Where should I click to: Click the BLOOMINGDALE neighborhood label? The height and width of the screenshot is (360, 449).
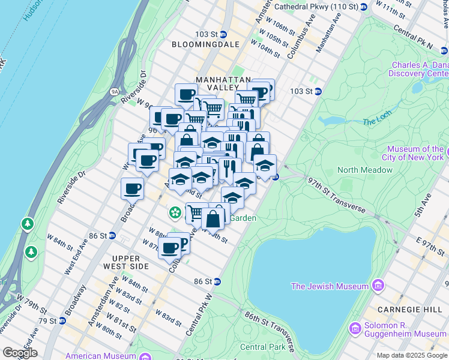tap(205, 44)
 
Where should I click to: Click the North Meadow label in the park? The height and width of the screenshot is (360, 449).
tap(365, 170)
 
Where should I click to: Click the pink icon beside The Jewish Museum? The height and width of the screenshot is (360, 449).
tap(378, 284)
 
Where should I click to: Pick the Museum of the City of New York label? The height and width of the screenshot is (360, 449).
tap(415, 154)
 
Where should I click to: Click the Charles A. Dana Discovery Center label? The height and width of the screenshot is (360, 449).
tap(420, 70)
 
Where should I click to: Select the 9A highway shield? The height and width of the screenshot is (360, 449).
tap(115, 91)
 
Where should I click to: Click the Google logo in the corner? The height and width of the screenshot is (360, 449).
tap(20, 353)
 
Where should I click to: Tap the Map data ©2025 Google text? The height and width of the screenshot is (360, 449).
tap(412, 355)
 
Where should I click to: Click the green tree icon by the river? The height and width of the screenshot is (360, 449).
tap(28, 224)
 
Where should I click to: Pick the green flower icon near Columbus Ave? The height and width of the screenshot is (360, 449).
tap(175, 212)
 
